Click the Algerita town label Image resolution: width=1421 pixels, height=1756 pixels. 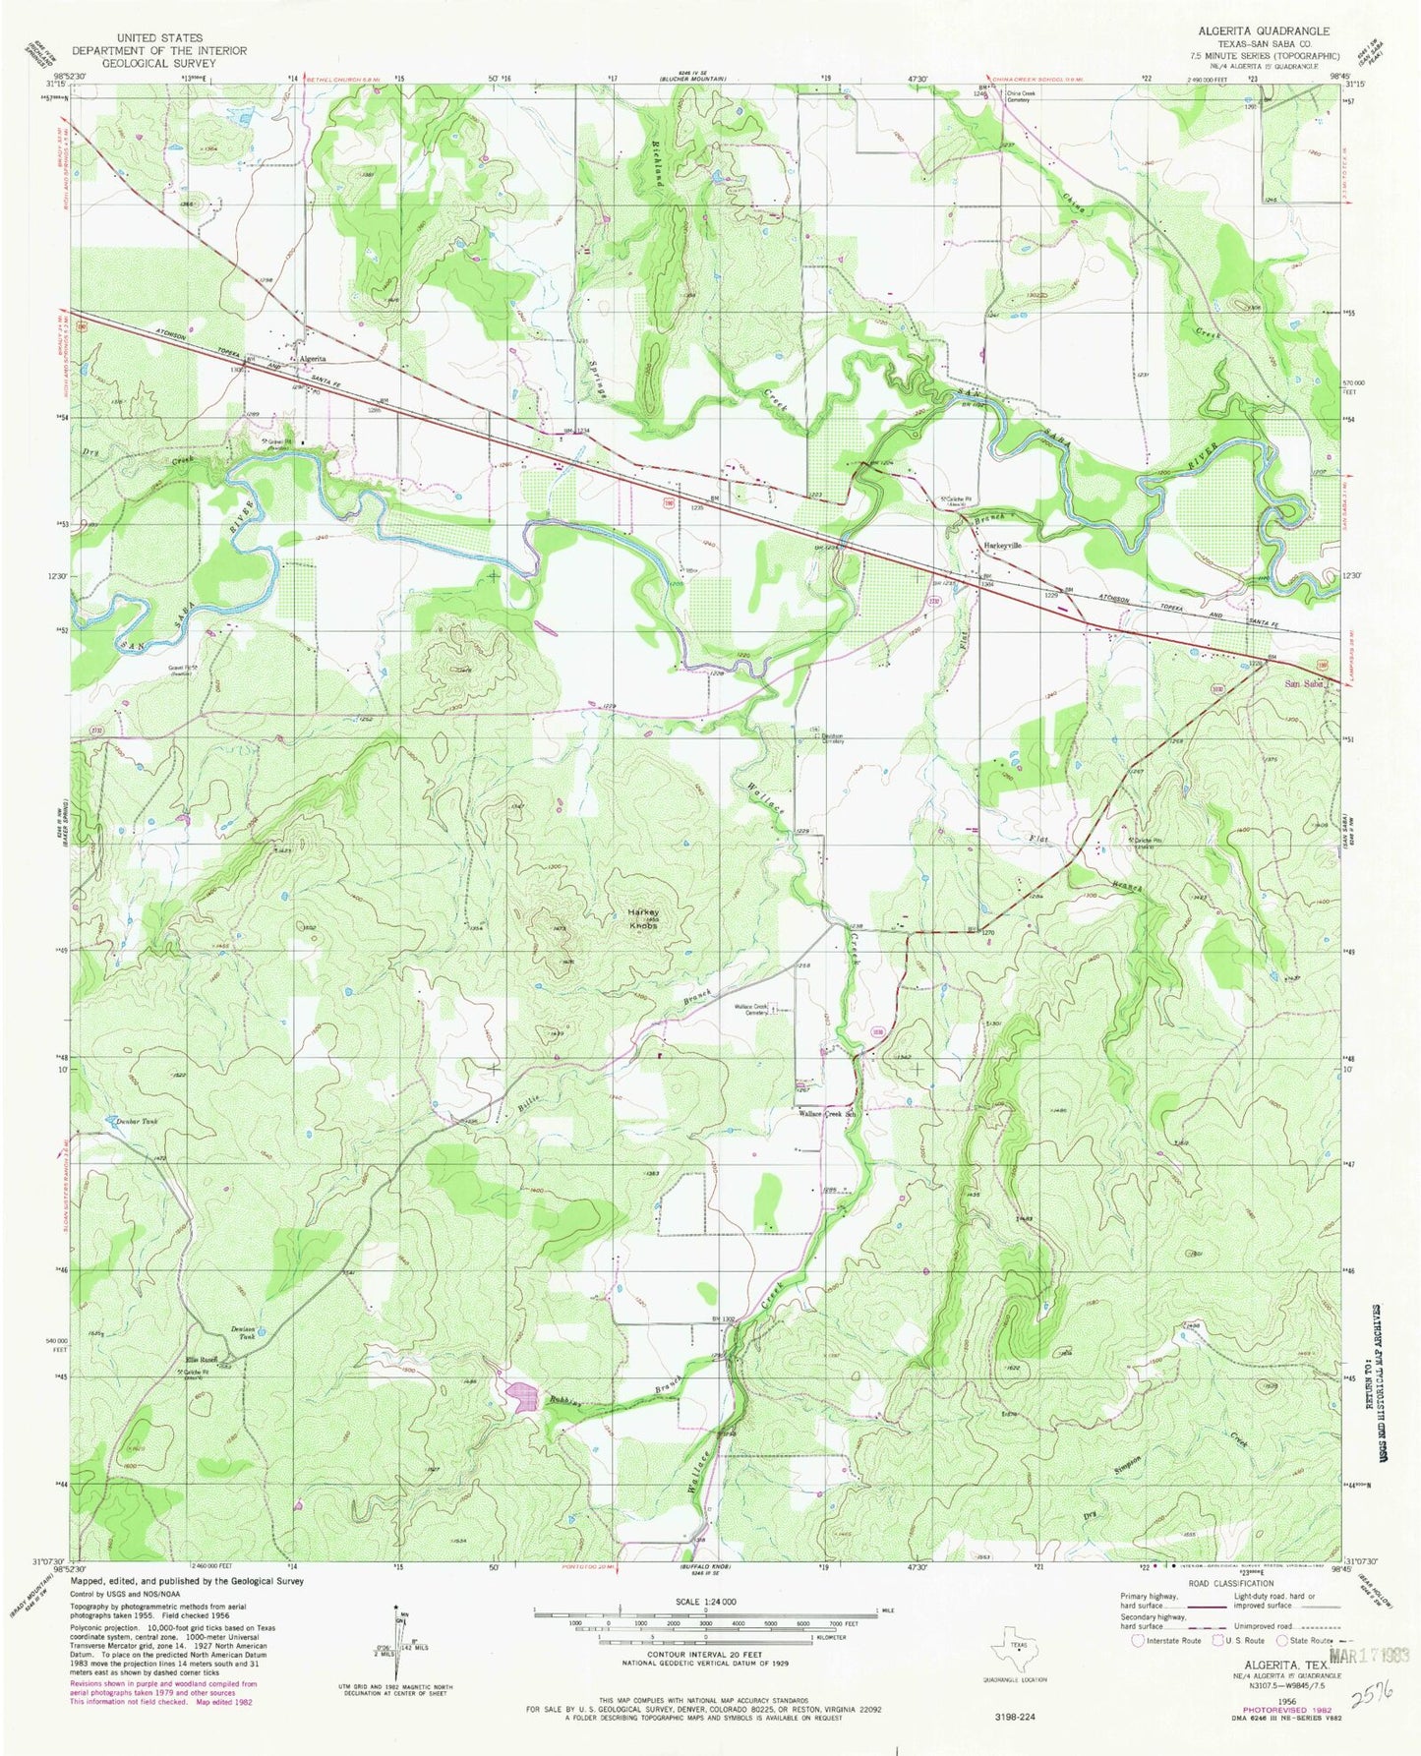pos(314,359)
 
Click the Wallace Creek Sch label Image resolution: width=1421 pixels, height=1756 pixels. pos(829,1114)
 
